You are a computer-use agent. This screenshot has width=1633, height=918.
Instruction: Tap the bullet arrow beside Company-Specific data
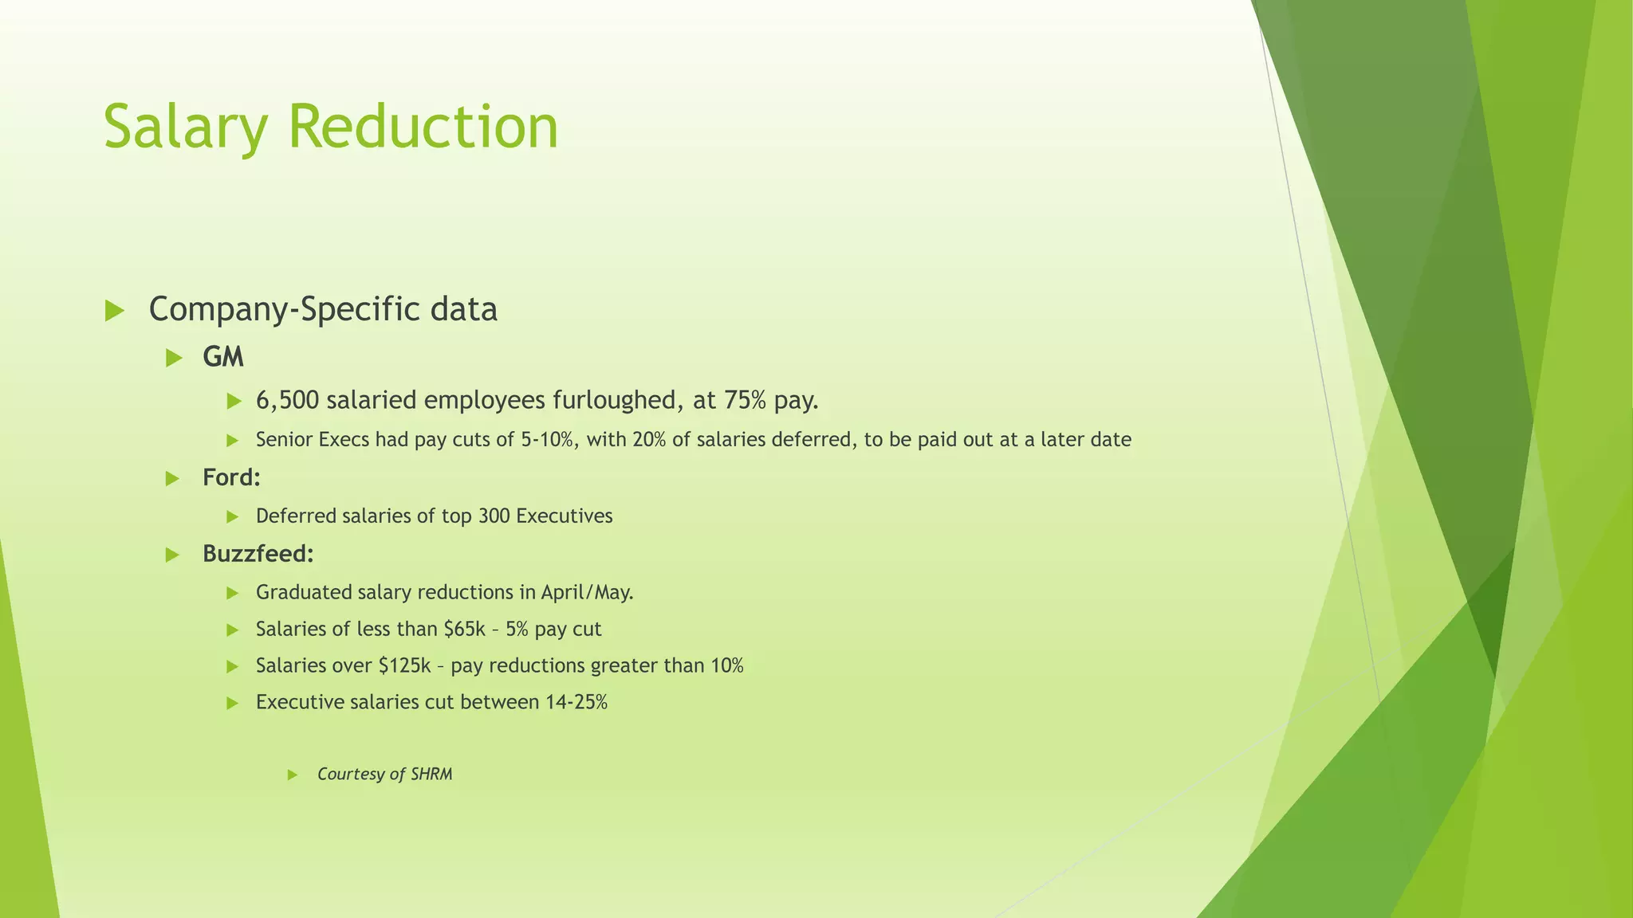coord(115,311)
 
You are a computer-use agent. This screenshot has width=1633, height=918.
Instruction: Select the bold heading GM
coord(223,357)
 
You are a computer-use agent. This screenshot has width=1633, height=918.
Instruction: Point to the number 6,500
coord(287,400)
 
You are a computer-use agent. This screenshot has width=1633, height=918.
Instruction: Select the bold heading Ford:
coord(231,478)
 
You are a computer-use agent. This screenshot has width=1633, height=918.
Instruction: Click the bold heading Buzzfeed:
coord(258,554)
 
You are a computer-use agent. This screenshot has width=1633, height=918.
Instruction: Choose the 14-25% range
coord(576,703)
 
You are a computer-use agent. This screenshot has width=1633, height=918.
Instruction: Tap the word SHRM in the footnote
coord(431,775)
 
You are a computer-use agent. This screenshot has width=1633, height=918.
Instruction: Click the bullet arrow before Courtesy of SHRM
coord(293,775)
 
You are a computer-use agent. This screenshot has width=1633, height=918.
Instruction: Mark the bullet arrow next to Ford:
coord(172,479)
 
